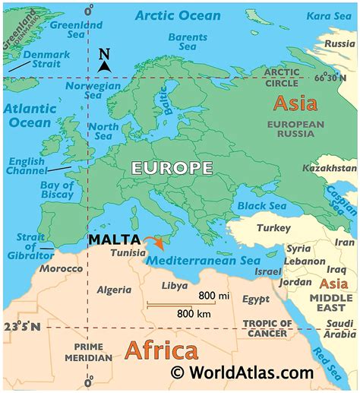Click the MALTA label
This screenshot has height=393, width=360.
pos(113,239)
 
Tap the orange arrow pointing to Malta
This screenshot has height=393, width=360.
pos(156,243)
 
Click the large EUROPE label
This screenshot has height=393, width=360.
pos(172,168)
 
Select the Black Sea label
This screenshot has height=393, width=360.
pos(261,205)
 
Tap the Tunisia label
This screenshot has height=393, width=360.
pos(128,253)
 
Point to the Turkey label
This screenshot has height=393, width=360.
pos(268,229)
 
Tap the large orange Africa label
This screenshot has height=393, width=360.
pos(161,351)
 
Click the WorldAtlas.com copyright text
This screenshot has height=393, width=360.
pos(242,372)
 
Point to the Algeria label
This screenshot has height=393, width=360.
pos(114,289)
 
